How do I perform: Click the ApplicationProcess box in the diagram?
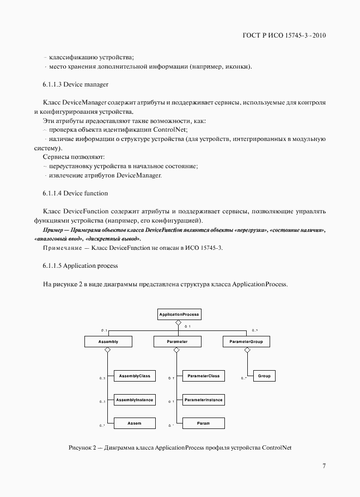click(179, 314)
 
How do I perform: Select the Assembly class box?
click(108, 341)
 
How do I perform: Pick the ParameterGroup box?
click(247, 341)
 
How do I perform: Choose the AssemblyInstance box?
click(135, 400)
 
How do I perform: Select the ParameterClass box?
click(203, 376)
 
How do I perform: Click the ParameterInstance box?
click(203, 400)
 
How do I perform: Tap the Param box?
click(203, 422)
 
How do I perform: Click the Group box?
click(264, 376)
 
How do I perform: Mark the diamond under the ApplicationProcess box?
click(178, 323)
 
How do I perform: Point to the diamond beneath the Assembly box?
click(108, 351)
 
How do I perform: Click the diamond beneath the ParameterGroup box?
click(247, 351)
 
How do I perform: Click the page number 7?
click(324, 465)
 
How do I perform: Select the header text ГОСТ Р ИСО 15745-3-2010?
click(284, 36)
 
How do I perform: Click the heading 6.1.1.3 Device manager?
click(75, 84)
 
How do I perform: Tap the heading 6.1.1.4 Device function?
click(75, 193)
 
